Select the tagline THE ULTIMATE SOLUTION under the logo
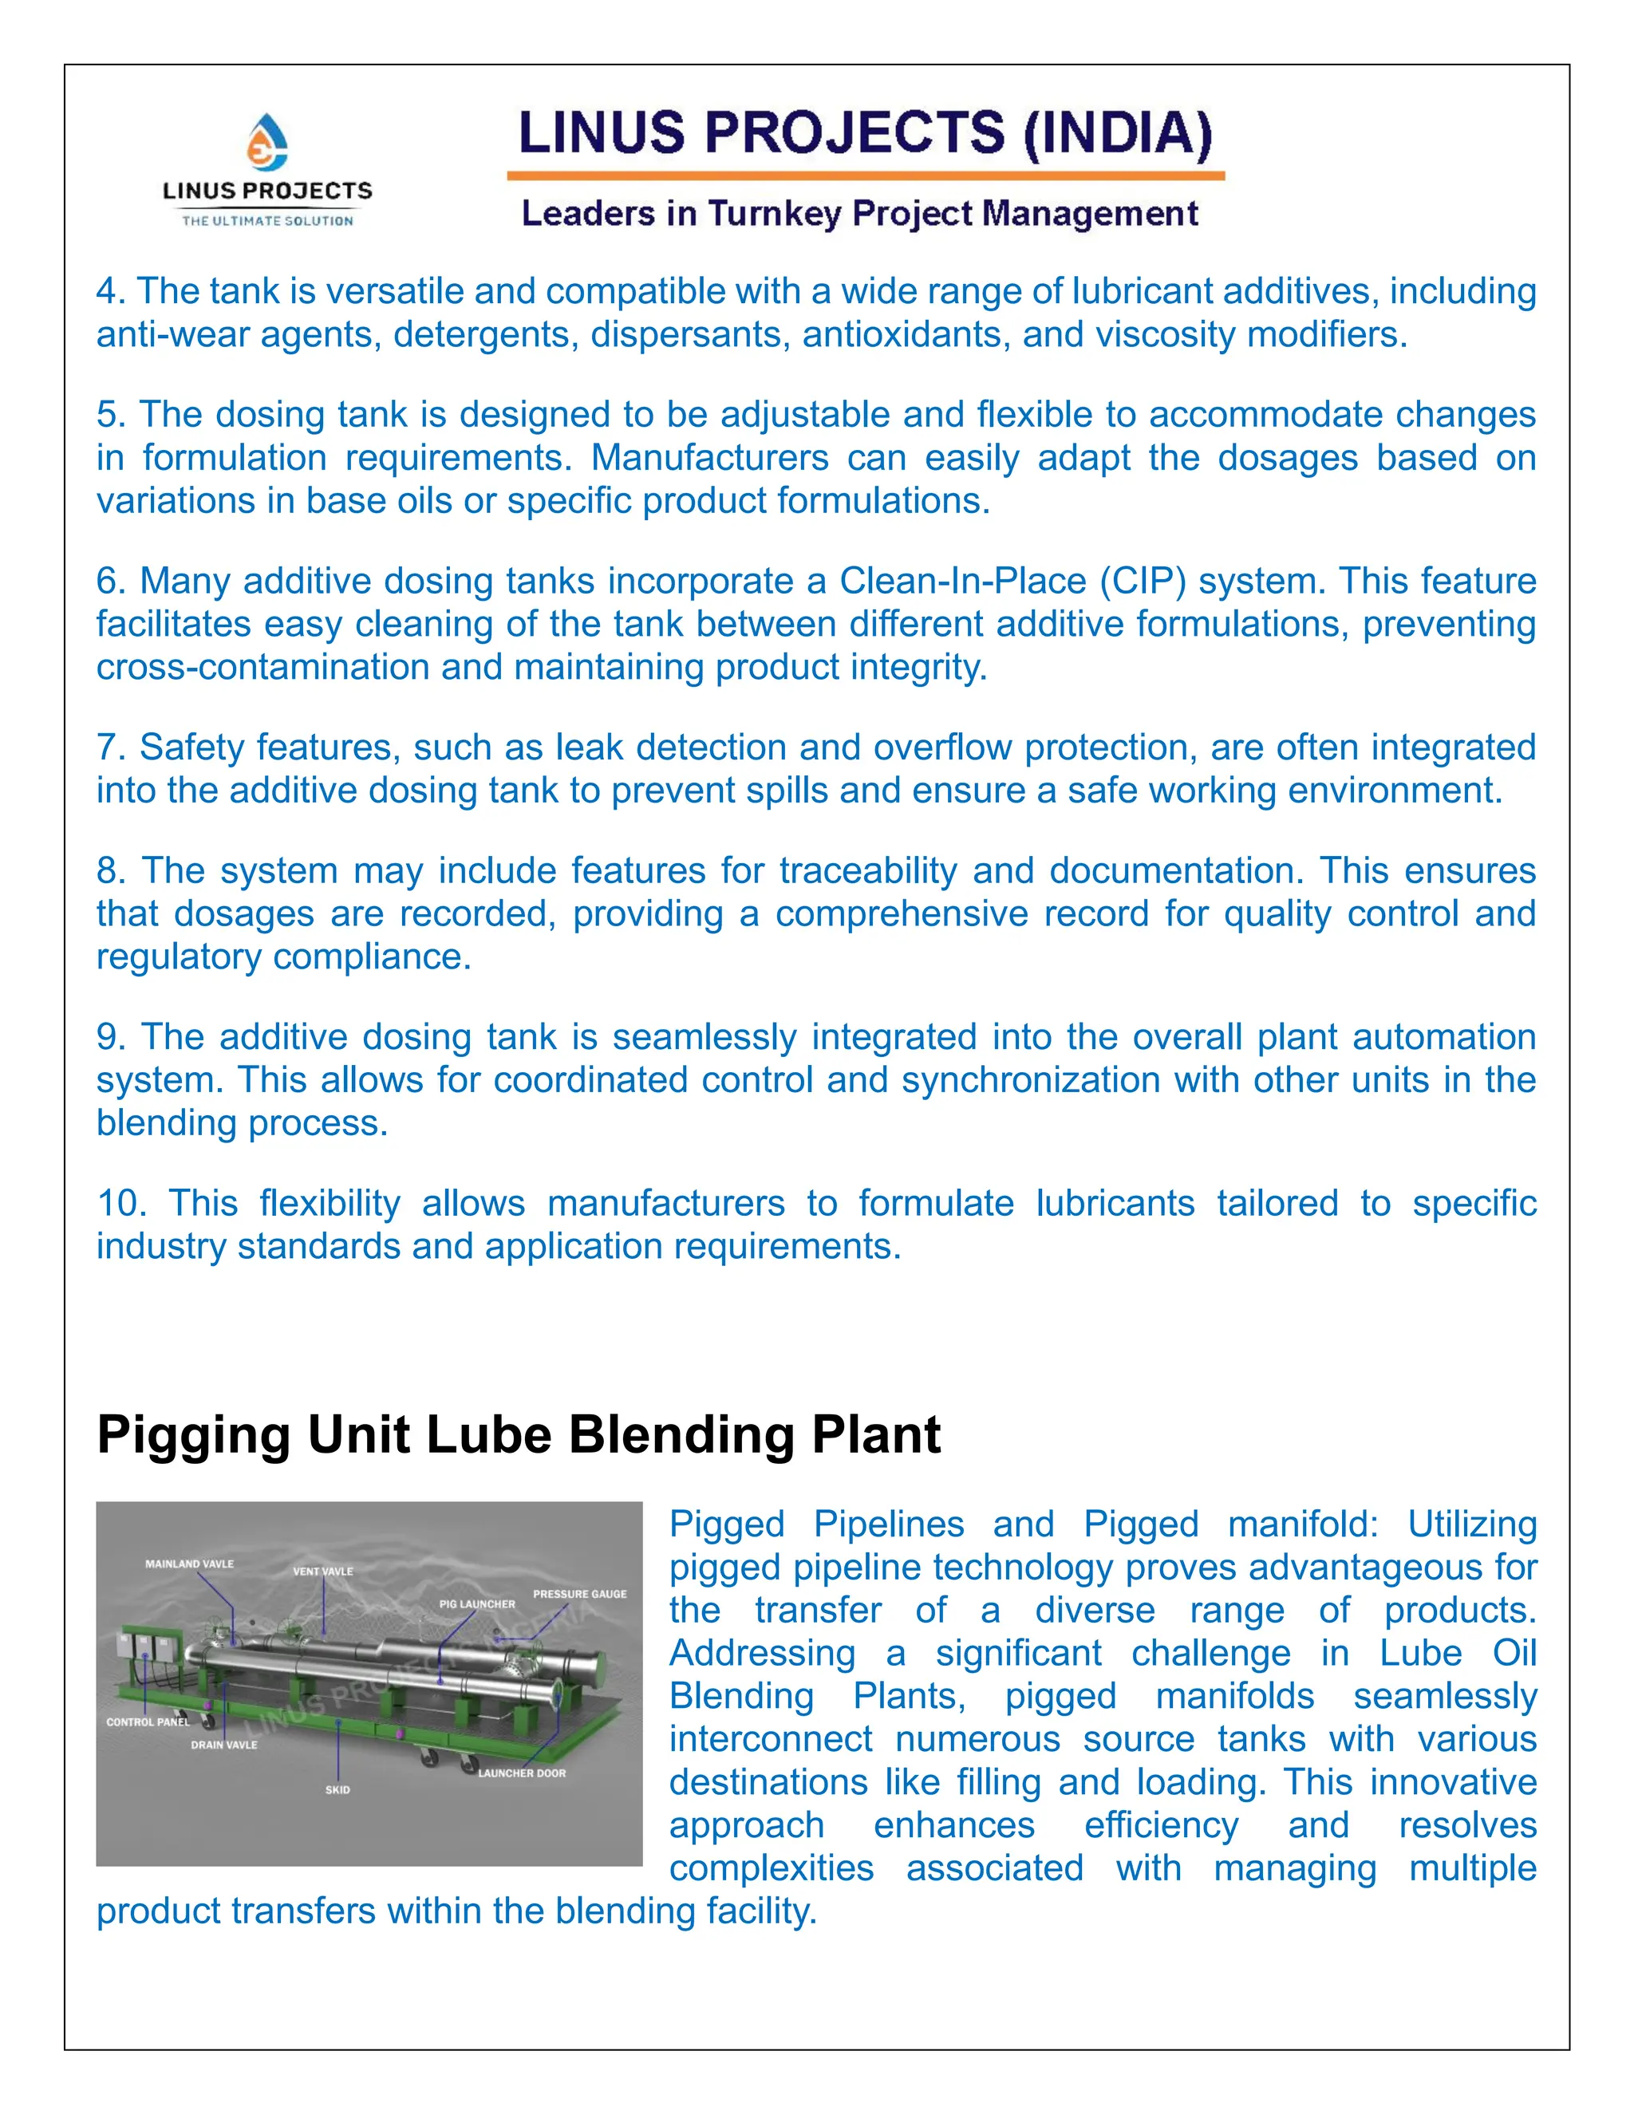click(x=267, y=221)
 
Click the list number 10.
click(x=121, y=1203)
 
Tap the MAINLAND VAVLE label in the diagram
click(x=190, y=1564)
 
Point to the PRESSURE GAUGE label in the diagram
click(x=579, y=1593)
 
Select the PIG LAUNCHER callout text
click(x=477, y=1604)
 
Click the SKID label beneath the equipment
click(x=337, y=1790)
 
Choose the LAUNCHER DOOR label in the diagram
click(x=522, y=1773)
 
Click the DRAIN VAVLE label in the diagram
click(x=223, y=1744)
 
